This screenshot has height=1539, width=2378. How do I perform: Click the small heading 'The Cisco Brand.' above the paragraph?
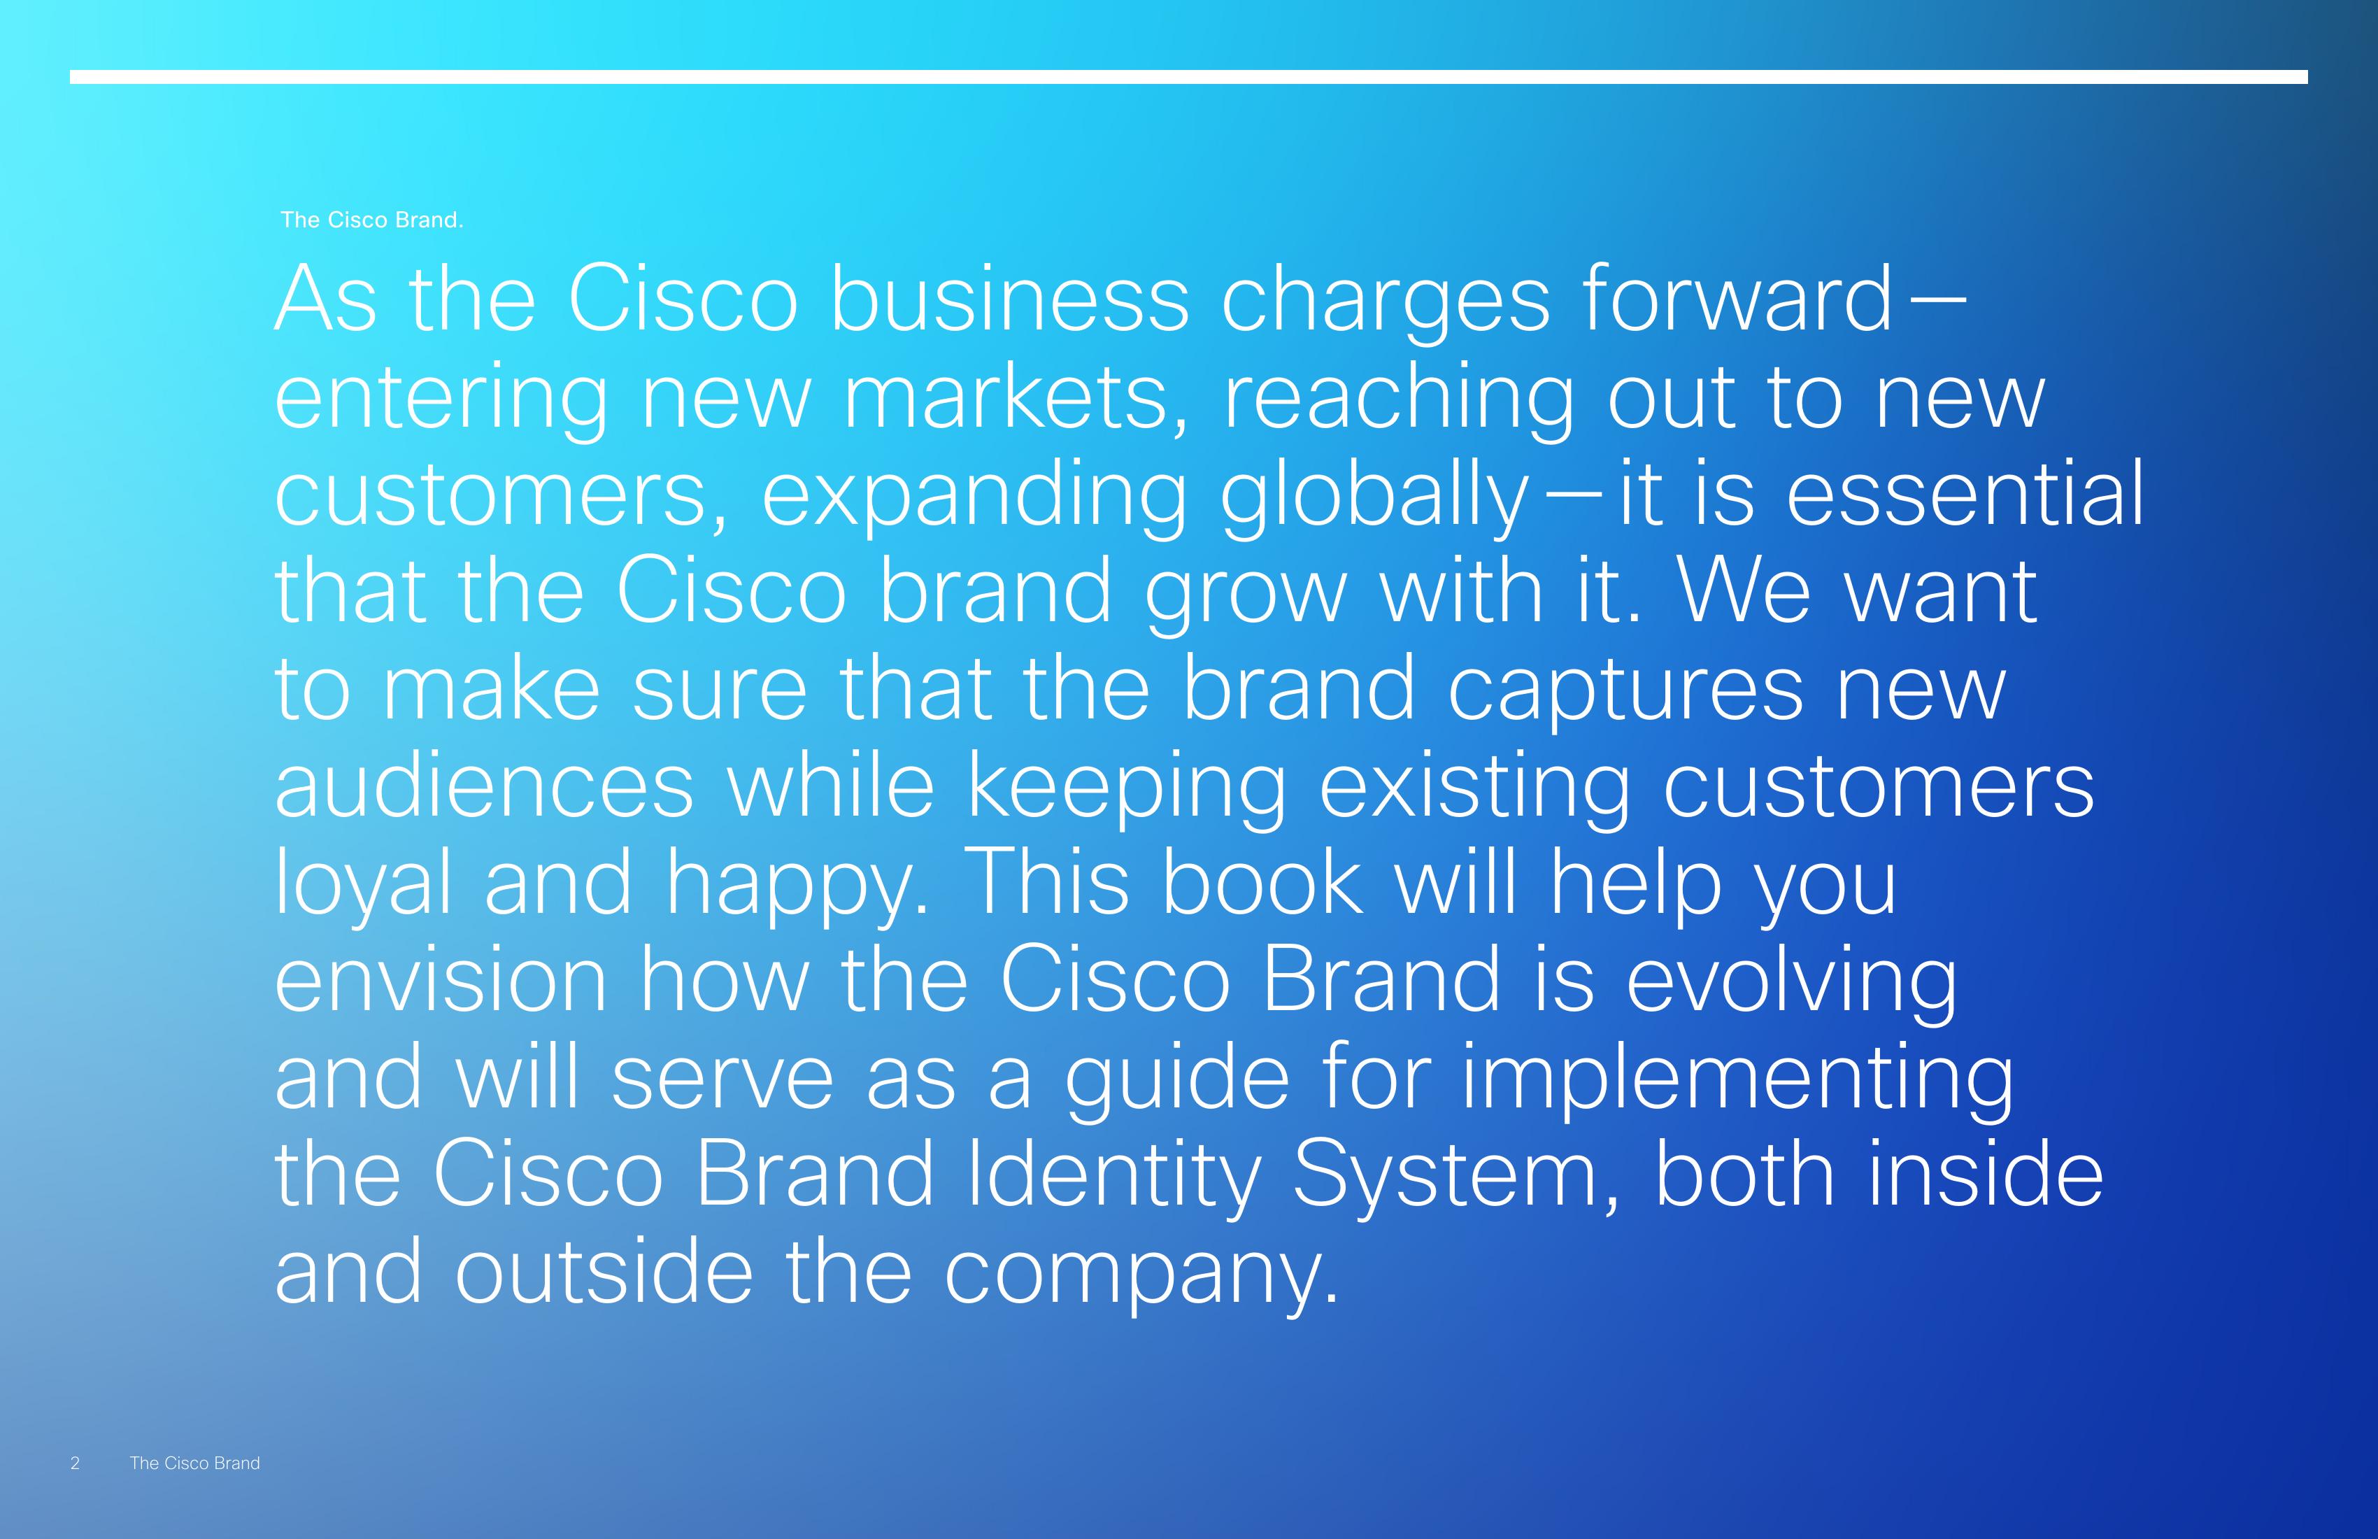(x=371, y=220)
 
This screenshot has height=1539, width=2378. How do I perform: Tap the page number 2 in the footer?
(x=75, y=1463)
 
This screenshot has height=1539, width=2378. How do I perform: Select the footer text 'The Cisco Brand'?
(x=195, y=1463)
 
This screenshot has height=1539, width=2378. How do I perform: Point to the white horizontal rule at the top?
(x=1189, y=77)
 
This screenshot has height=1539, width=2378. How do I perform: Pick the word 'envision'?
(x=441, y=980)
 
